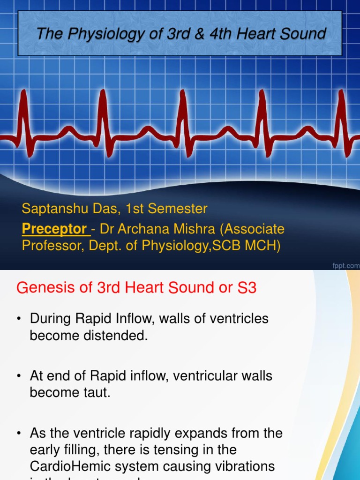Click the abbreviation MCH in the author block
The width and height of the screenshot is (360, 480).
pos(266,246)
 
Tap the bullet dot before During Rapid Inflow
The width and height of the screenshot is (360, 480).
pos(19,320)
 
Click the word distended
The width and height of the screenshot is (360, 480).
pos(117,336)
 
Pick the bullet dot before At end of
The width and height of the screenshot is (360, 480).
pos(19,376)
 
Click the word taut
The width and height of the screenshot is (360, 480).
pos(98,393)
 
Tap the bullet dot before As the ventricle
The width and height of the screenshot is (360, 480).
pos(19,434)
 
